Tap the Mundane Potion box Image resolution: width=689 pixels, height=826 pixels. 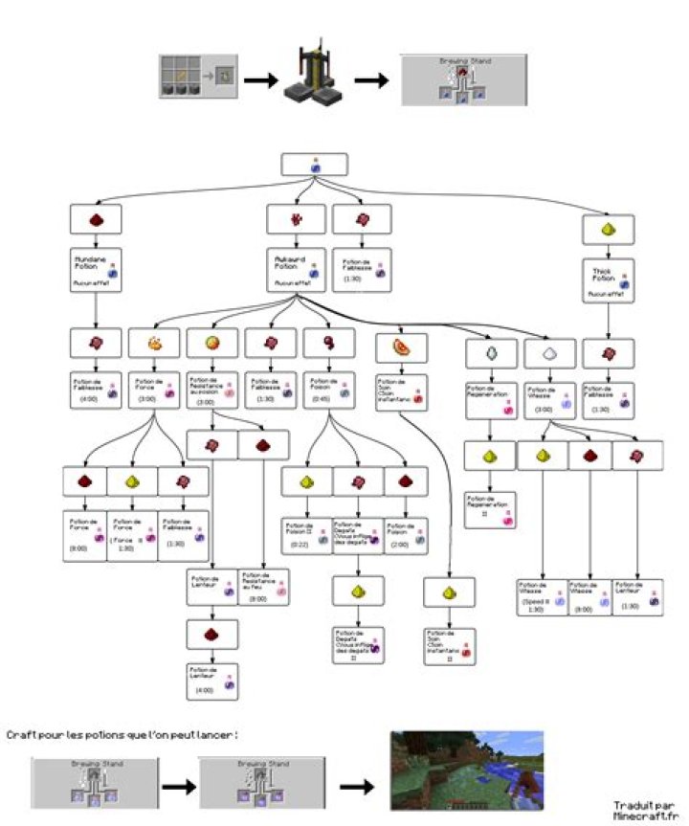tap(96, 273)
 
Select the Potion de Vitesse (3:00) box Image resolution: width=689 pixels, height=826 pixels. tap(550, 397)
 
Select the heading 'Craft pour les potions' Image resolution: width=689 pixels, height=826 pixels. tap(122, 734)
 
